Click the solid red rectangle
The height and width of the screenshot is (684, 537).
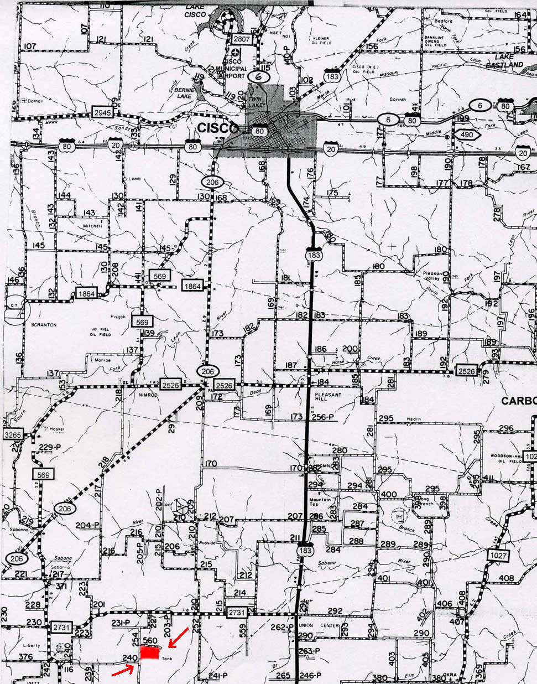[x=149, y=654]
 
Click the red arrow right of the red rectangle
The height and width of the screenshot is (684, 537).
[x=178, y=637]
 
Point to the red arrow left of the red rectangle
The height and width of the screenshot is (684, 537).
[x=123, y=670]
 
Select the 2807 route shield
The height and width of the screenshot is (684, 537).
[x=242, y=39]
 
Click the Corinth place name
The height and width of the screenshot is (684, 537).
[x=397, y=100]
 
